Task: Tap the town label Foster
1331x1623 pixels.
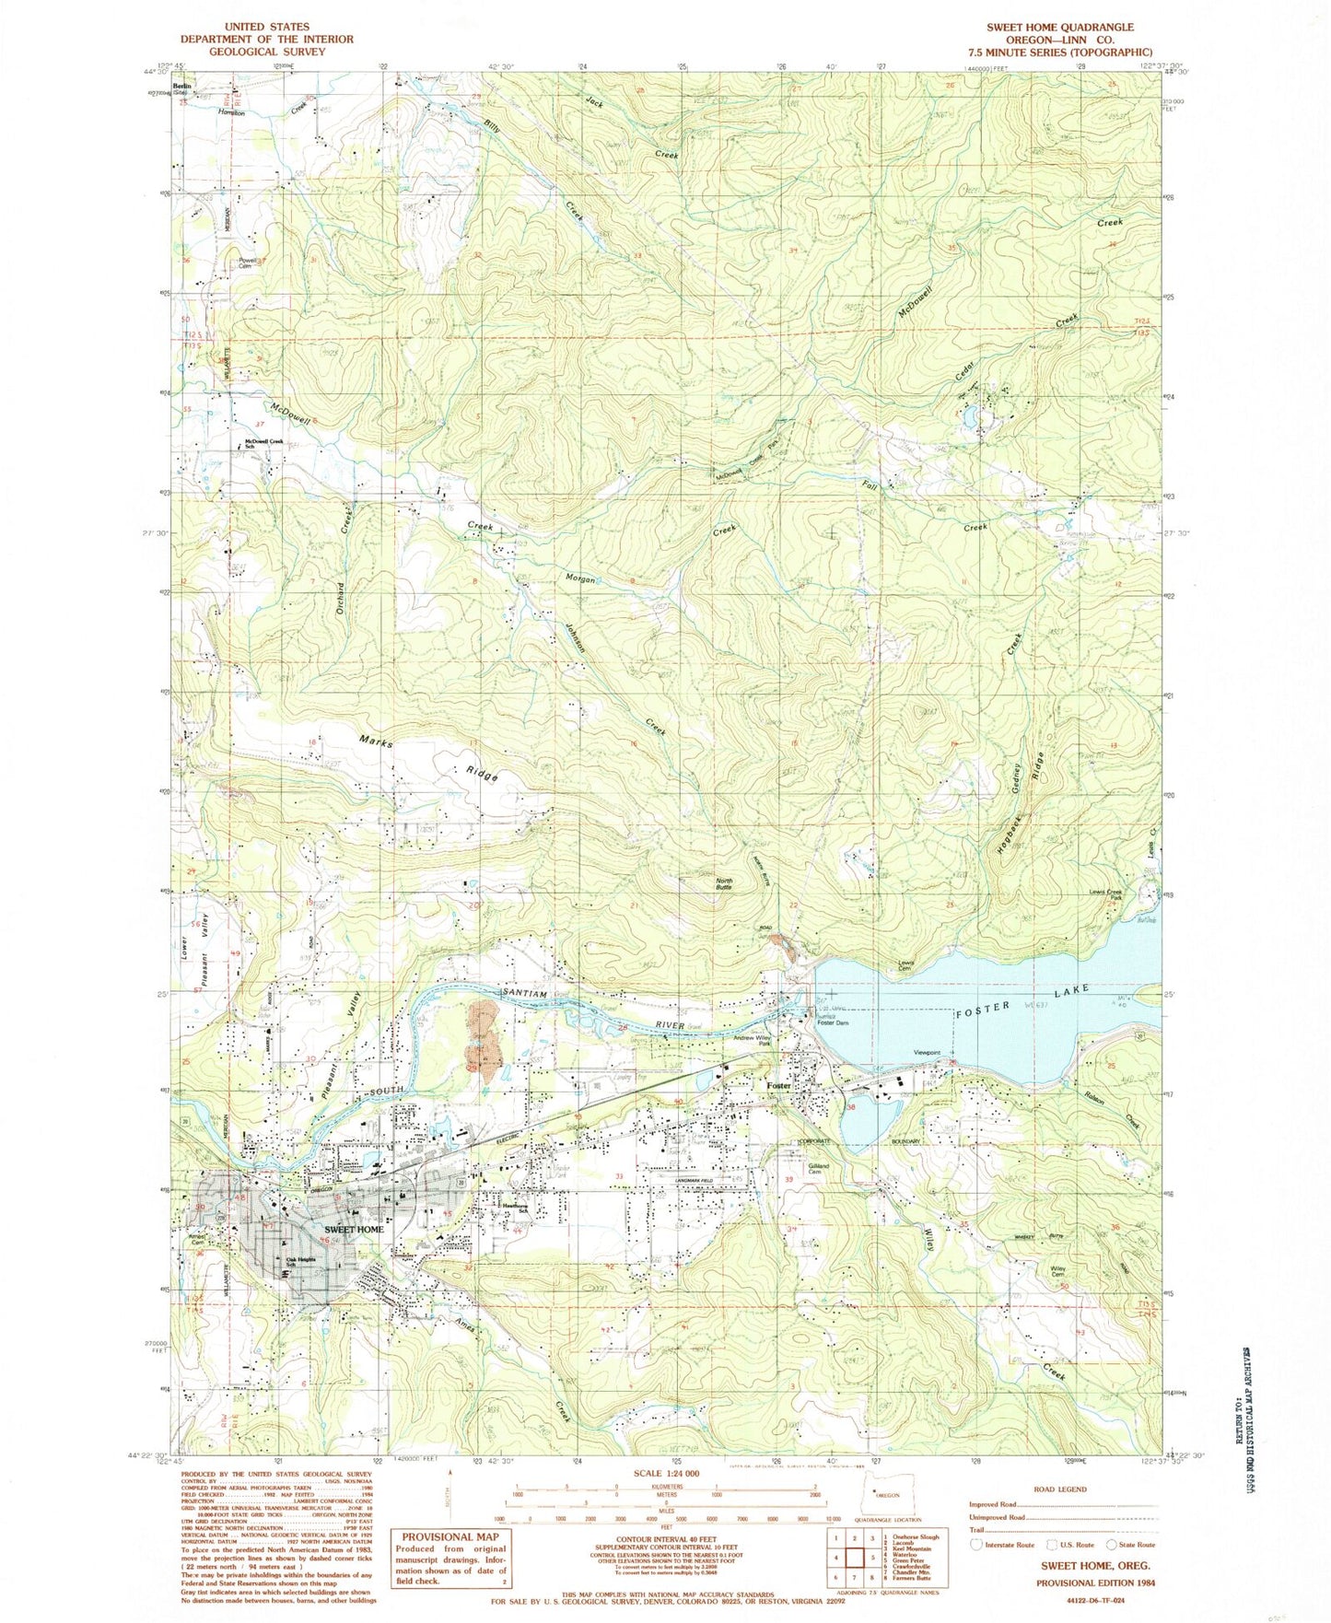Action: [778, 1086]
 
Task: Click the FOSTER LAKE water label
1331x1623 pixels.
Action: [1022, 998]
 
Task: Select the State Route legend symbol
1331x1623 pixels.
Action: [1113, 1545]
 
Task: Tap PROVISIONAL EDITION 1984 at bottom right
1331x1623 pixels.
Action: [1096, 1582]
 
